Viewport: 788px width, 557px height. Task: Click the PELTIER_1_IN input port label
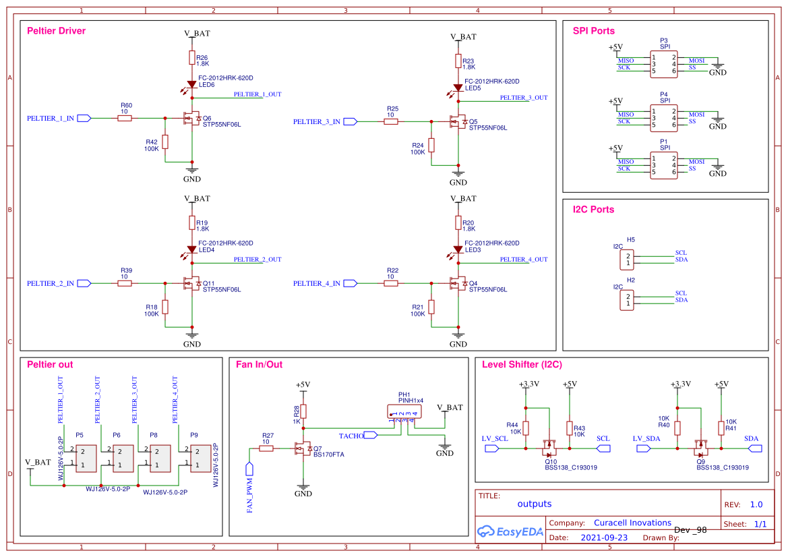(x=51, y=118)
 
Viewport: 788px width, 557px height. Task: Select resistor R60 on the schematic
(x=125, y=118)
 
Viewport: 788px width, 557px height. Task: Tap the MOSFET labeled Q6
(x=191, y=118)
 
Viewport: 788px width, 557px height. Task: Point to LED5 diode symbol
(x=458, y=88)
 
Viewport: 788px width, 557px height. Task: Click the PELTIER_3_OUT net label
(x=524, y=98)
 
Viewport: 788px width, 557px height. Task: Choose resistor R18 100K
(x=165, y=307)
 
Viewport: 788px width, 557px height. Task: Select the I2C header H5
(x=628, y=260)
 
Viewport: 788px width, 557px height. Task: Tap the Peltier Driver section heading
(x=57, y=31)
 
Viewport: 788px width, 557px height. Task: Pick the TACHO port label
(x=351, y=436)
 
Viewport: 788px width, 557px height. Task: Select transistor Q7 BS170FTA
(x=301, y=448)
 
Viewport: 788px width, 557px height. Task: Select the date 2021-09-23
(x=604, y=538)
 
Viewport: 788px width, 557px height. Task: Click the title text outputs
(x=535, y=504)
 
